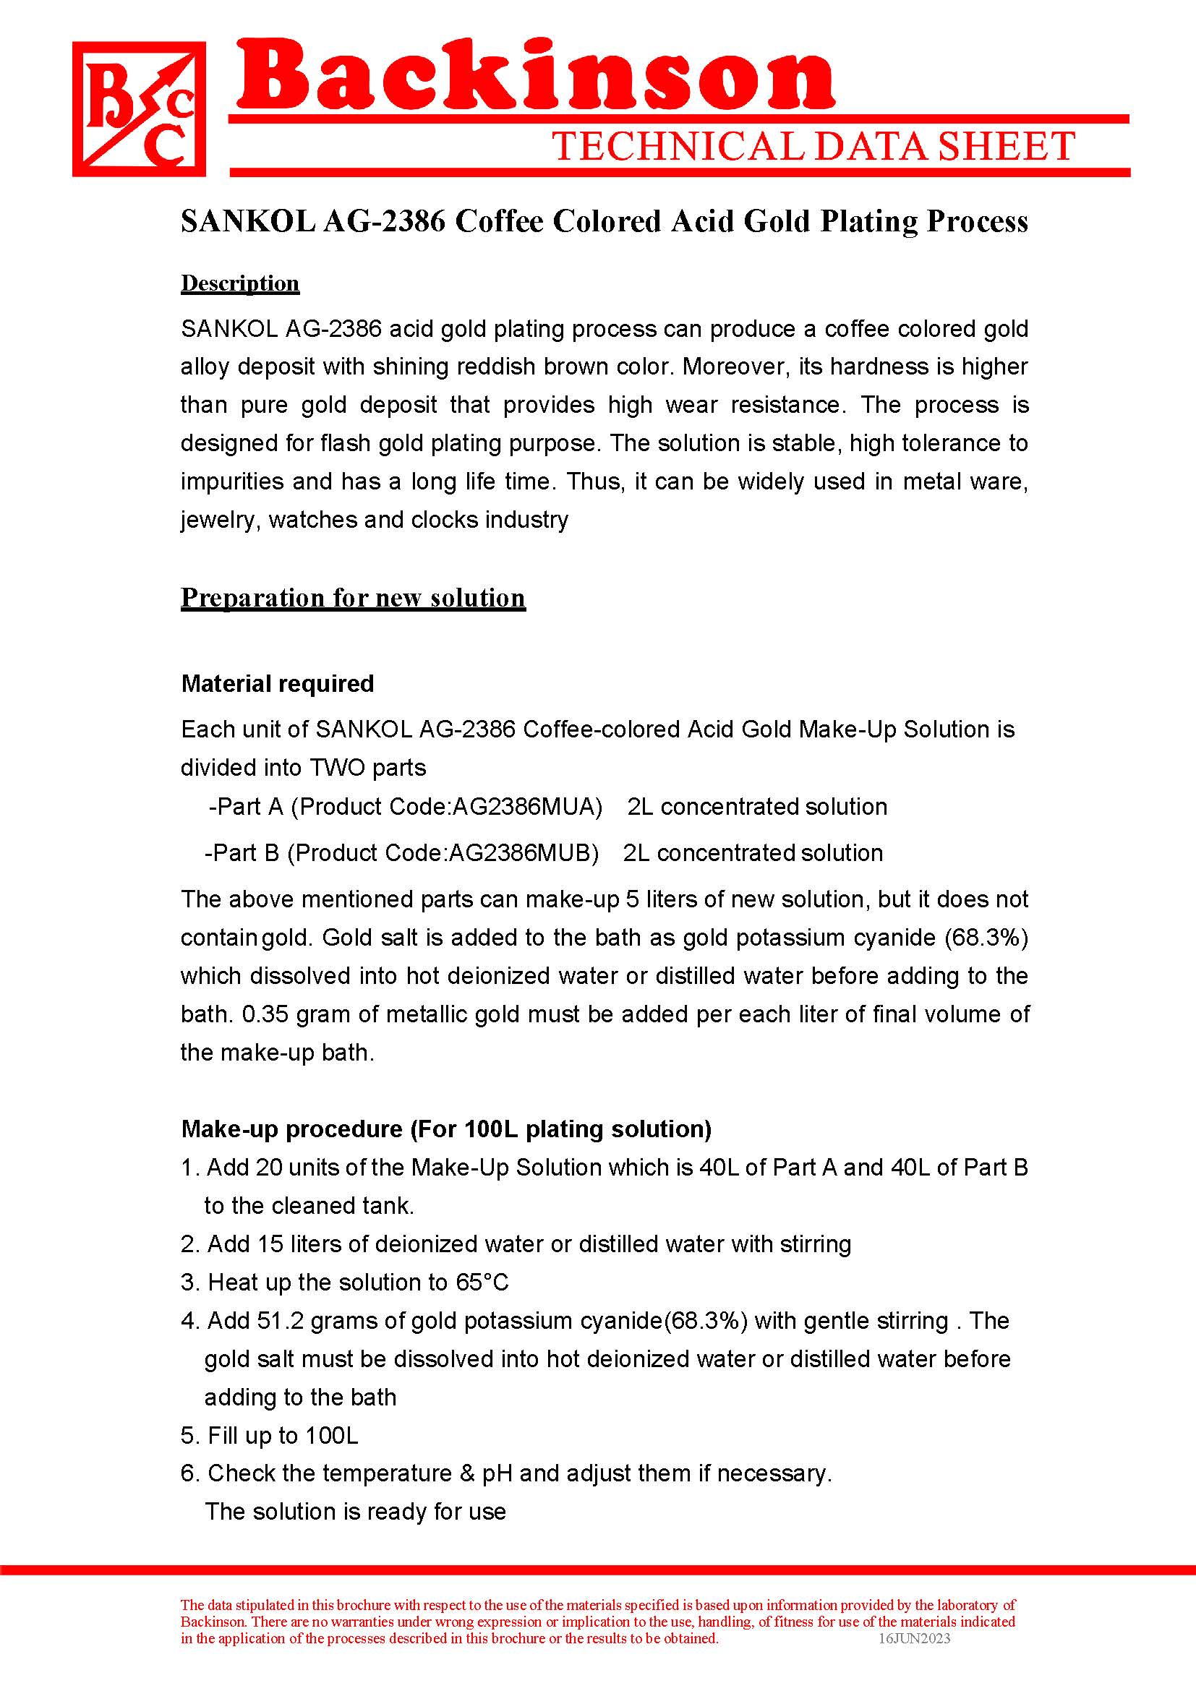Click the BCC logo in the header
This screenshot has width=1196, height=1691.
click(x=138, y=109)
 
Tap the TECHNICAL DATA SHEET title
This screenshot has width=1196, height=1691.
click(x=813, y=147)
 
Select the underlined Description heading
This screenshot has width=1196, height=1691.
click(x=240, y=283)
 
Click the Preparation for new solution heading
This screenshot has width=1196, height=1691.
click(x=353, y=597)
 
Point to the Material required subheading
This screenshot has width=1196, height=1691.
click(x=278, y=683)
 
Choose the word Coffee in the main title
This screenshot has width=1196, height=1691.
click(x=499, y=222)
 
